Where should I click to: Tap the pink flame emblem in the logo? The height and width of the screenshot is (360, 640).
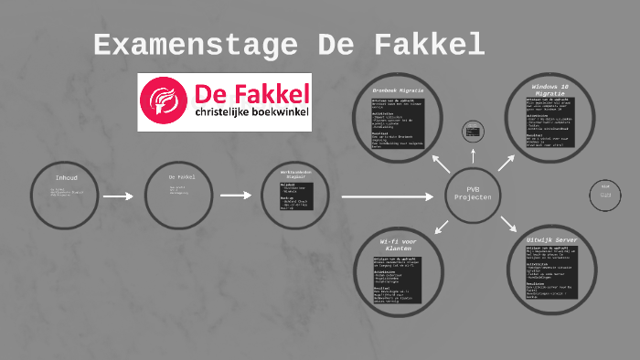(x=165, y=101)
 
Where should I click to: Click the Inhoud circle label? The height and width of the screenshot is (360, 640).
(x=67, y=177)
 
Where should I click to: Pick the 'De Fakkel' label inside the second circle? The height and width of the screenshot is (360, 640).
(x=181, y=177)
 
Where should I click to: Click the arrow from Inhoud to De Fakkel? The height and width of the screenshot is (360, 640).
(x=119, y=196)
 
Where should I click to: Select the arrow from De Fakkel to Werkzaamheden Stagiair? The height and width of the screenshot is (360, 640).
(x=235, y=196)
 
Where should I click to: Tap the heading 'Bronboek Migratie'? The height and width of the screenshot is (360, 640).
(x=399, y=90)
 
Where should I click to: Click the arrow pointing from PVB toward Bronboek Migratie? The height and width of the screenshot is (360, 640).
(x=441, y=164)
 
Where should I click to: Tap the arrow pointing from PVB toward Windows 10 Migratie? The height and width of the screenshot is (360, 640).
(x=506, y=163)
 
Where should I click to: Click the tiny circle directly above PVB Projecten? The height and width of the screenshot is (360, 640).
(x=473, y=132)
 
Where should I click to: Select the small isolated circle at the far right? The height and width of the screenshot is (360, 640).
(x=604, y=194)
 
